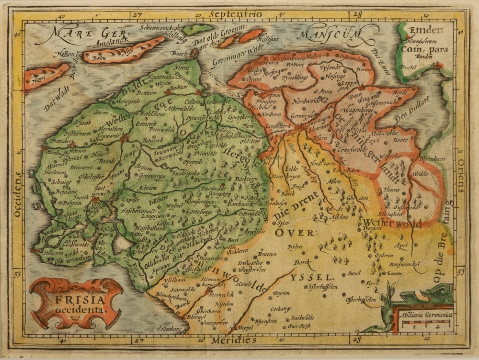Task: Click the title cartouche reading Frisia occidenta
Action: (76, 303)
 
